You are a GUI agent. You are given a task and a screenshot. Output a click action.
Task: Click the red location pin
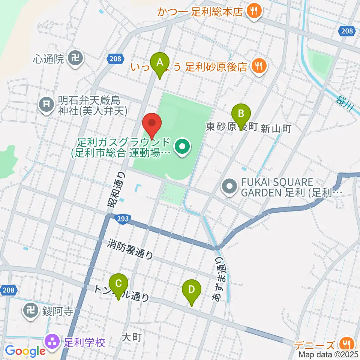point(152,123)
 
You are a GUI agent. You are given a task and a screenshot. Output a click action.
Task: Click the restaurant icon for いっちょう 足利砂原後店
point(258,66)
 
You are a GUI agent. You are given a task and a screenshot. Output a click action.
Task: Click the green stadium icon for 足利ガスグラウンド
point(183,147)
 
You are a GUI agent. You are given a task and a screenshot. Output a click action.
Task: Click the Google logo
point(25,351)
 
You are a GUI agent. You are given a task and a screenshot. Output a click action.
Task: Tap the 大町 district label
point(132,337)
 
